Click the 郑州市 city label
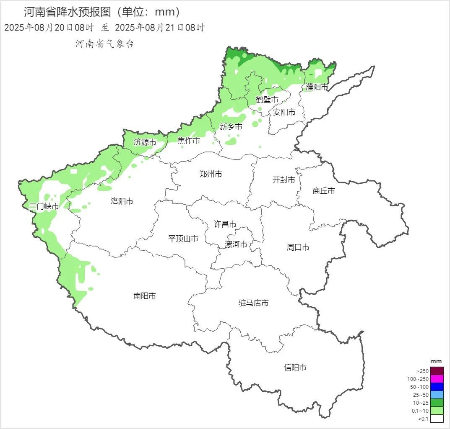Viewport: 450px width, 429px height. pyautogui.click(x=211, y=174)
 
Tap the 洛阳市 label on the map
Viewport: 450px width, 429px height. pyautogui.click(x=122, y=201)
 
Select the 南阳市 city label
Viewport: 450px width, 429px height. pyautogui.click(x=145, y=296)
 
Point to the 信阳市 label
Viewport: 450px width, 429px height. pyautogui.click(x=295, y=367)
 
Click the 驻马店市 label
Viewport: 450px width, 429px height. pyautogui.click(x=254, y=303)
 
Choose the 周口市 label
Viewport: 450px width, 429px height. pyautogui.click(x=298, y=247)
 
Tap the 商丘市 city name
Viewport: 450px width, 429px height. pyautogui.click(x=324, y=191)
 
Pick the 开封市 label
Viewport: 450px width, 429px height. pyautogui.click(x=284, y=180)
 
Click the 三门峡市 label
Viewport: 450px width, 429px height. pyautogui.click(x=44, y=206)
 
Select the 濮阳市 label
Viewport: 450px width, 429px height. pyautogui.click(x=317, y=87)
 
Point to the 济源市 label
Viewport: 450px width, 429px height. pyautogui.click(x=145, y=142)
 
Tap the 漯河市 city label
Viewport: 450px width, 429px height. pyautogui.click(x=236, y=244)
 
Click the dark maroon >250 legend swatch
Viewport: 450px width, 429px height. pyautogui.click(x=437, y=371)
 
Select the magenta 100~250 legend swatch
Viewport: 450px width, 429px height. pyautogui.click(x=437, y=379)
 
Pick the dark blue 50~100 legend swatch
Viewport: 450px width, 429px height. pyautogui.click(x=437, y=387)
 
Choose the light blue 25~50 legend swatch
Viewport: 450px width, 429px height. pyautogui.click(x=437, y=395)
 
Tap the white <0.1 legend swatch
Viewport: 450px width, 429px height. pyautogui.click(x=437, y=419)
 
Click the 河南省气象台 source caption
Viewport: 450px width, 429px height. pyautogui.click(x=105, y=44)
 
